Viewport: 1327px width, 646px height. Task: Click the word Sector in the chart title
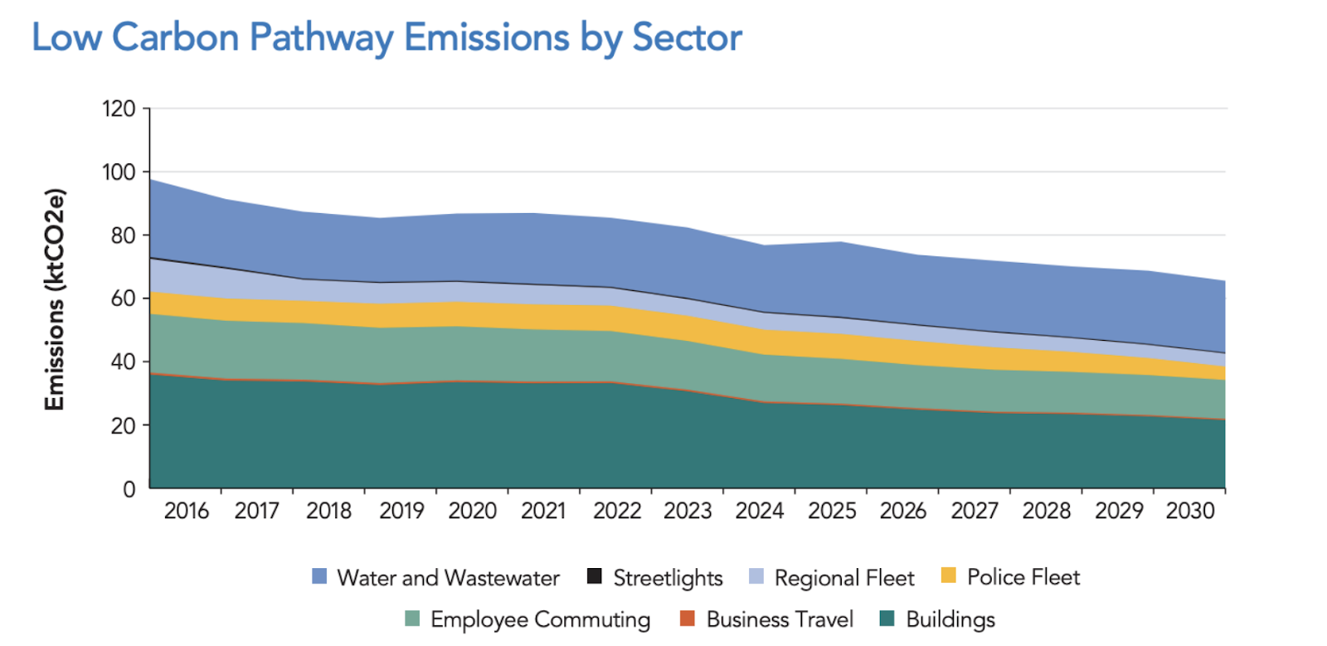(x=687, y=38)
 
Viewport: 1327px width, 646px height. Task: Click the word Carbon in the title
(x=174, y=38)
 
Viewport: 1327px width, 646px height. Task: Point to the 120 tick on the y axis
(x=119, y=109)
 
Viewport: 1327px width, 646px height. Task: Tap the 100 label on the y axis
(x=119, y=172)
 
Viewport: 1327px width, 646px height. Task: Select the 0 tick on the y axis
(x=129, y=489)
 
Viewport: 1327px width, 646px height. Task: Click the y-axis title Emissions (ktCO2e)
(x=55, y=299)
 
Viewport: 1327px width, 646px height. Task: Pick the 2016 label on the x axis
(x=187, y=511)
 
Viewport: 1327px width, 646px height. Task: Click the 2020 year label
(x=473, y=511)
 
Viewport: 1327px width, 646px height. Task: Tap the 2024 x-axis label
(x=760, y=511)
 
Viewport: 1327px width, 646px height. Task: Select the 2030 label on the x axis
(x=1190, y=511)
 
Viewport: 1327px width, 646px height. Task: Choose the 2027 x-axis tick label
(x=975, y=511)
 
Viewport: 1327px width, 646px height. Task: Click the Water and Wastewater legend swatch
(x=319, y=576)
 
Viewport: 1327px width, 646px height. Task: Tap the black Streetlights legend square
(x=595, y=576)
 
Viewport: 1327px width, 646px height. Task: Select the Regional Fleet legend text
(x=844, y=578)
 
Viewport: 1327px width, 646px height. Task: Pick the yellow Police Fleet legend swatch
(x=949, y=576)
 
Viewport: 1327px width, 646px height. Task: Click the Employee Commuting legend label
(x=540, y=619)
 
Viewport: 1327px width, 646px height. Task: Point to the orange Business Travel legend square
(x=687, y=619)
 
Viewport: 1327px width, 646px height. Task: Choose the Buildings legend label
(x=950, y=619)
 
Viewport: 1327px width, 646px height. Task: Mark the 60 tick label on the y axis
(x=123, y=299)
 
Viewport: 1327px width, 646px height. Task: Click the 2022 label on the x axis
(x=617, y=511)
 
